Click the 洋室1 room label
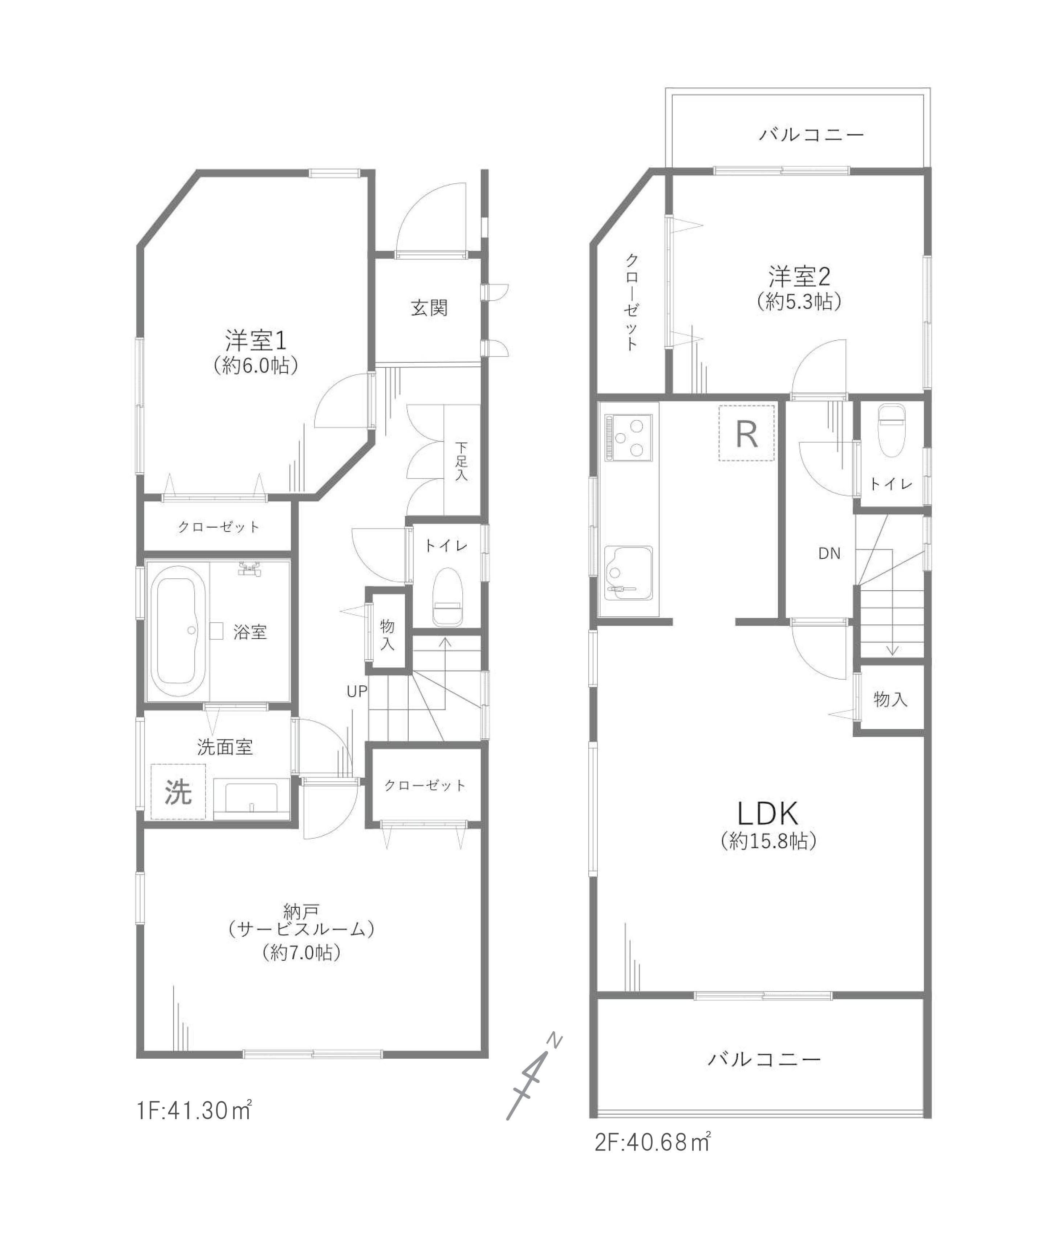(256, 341)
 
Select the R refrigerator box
(747, 433)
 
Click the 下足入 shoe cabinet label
(461, 461)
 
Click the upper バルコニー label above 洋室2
(811, 134)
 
